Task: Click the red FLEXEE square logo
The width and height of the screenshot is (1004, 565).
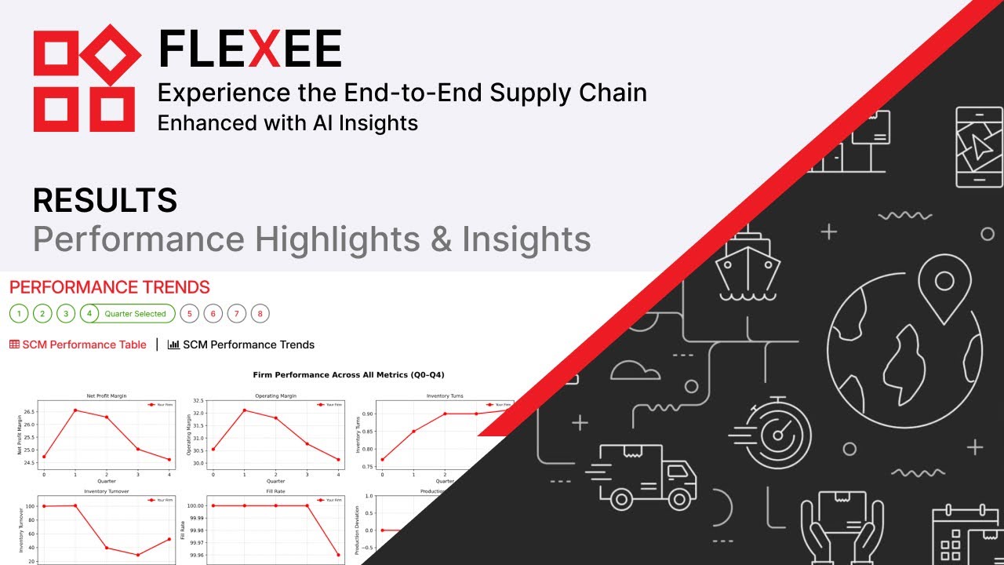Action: (x=86, y=78)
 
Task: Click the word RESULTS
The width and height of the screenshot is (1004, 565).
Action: (x=104, y=201)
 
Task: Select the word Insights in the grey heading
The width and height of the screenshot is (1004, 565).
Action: (x=526, y=239)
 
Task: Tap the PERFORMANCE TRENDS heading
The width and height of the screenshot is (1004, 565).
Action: (x=110, y=287)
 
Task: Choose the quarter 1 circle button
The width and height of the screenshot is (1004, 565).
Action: (x=19, y=314)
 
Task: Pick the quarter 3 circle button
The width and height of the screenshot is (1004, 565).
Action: (x=67, y=314)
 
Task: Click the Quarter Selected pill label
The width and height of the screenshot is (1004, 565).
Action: (x=135, y=314)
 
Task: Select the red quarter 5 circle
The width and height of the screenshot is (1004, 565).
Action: (x=188, y=314)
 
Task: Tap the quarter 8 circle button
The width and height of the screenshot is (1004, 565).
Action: (x=260, y=314)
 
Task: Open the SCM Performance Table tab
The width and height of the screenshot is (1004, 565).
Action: (x=78, y=344)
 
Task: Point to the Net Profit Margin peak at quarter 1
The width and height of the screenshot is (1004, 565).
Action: (x=75, y=410)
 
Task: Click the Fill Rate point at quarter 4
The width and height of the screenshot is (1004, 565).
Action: (x=338, y=556)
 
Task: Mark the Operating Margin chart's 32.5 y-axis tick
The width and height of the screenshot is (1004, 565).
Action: (x=199, y=401)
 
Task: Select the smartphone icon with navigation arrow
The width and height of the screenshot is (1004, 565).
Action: (x=979, y=147)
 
